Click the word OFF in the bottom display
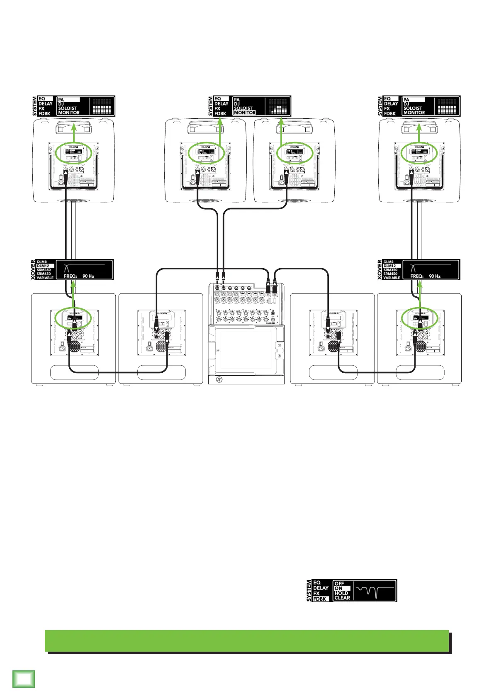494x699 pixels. [339, 583]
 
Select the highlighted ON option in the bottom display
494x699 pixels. [338, 588]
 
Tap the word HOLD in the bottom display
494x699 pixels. [341, 593]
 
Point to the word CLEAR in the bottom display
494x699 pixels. [342, 598]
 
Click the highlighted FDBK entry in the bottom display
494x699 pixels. [320, 599]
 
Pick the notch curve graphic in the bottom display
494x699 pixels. [375, 591]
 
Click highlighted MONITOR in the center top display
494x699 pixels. [245, 112]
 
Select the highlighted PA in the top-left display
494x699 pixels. [61, 100]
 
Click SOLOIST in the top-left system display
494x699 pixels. [68, 108]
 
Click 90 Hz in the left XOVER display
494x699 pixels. [88, 276]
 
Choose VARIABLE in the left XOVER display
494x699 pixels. [45, 278]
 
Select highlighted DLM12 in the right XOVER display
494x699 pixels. [389, 266]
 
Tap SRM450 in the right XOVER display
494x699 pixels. [391, 274]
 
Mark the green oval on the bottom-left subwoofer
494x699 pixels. [73, 318]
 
